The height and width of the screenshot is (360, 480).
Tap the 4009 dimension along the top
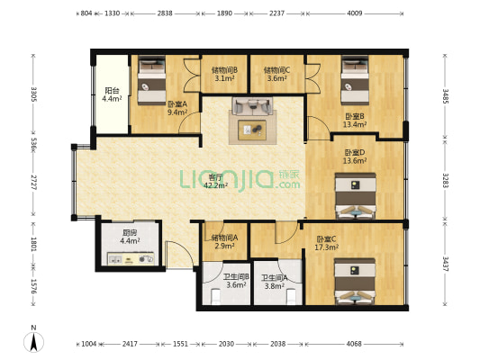[355, 13]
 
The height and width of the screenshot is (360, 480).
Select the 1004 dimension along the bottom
[89, 344]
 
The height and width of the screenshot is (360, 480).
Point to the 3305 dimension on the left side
[33, 94]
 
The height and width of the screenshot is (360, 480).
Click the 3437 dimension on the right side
[445, 264]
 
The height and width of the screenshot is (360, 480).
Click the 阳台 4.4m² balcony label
[112, 94]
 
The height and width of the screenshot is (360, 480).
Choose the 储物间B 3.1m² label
[224, 75]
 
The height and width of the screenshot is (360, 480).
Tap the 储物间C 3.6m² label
[277, 75]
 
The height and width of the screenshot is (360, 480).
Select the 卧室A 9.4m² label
[177, 108]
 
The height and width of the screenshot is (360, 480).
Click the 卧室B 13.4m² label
[355, 121]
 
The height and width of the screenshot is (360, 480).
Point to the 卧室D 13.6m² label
[355, 157]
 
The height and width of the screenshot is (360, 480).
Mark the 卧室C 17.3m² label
[326, 243]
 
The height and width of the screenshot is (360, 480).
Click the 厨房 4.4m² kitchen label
[130, 237]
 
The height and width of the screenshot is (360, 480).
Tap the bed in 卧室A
[151, 81]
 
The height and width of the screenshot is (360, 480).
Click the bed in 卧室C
[355, 282]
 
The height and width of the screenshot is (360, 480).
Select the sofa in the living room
[252, 106]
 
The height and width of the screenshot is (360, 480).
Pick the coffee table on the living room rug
[252, 130]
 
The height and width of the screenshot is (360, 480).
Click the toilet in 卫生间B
[216, 297]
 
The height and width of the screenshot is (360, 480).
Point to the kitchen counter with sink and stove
[130, 259]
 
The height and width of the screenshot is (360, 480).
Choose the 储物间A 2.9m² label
[225, 241]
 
